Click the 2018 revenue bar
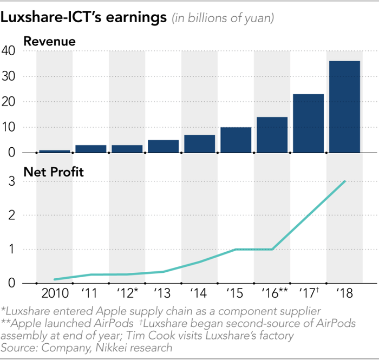tap(344, 107)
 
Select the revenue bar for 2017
tap(308, 123)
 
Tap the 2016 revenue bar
tap(272, 135)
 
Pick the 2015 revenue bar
tap(236, 140)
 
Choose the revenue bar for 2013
tap(163, 146)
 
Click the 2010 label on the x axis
tap(54, 294)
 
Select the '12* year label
tap(128, 294)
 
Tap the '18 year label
tap(344, 294)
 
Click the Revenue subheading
tap(49, 41)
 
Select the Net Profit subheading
tap(54, 172)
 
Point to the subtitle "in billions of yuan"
tap(223, 18)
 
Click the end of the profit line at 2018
tap(345, 181)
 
